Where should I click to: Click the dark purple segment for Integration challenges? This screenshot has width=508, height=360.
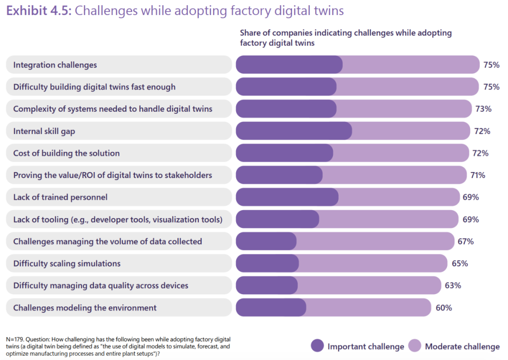click(289, 65)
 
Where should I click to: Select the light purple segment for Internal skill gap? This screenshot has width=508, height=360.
click(411, 131)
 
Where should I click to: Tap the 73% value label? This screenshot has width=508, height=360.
click(484, 109)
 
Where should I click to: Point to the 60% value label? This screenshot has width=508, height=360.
click(444, 308)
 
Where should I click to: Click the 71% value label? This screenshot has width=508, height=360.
click(477, 175)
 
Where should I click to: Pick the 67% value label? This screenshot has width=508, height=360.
click(466, 242)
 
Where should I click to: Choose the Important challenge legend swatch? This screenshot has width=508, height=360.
click(317, 346)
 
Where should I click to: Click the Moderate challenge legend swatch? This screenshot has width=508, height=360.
click(415, 346)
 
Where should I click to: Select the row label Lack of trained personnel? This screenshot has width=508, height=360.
click(60, 197)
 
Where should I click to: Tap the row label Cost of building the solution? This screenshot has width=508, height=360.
click(66, 153)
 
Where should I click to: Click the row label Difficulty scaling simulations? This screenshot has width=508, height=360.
click(67, 264)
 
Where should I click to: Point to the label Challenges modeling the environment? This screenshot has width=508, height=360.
click(85, 308)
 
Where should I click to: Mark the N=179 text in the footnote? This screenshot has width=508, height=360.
click(16, 339)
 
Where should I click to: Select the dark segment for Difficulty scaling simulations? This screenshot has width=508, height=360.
click(267, 264)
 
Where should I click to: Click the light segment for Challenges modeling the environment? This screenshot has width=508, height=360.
click(368, 308)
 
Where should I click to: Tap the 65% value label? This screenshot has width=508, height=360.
click(460, 264)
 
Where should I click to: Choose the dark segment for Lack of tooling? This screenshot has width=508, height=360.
click(277, 219)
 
